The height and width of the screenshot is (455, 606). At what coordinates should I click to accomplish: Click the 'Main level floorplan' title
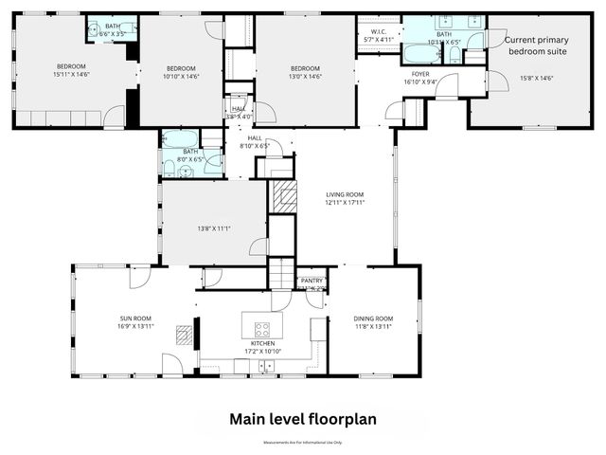302,418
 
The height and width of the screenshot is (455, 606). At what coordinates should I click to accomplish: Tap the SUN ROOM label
135,322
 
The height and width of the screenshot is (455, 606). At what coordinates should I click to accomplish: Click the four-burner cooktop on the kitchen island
261,330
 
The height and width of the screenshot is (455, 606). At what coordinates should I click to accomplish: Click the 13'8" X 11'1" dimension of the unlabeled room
214,228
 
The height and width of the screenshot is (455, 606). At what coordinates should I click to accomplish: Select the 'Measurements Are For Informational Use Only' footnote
302,442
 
